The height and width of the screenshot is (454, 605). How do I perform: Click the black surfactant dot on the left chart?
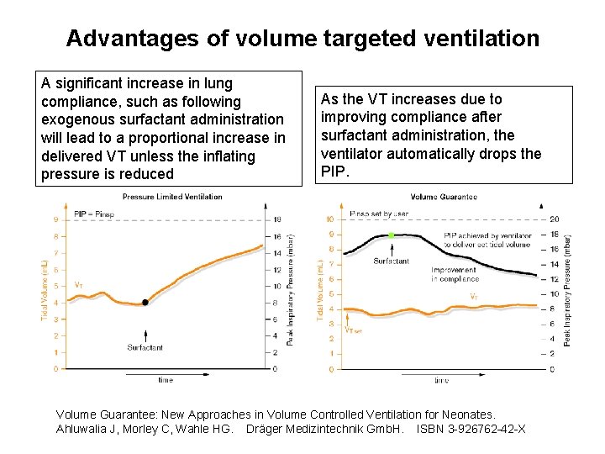pyautogui.click(x=145, y=302)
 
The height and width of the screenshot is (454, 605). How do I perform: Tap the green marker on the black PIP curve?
pyautogui.click(x=392, y=235)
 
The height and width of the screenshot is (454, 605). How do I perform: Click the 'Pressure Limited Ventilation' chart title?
pyautogui.click(x=172, y=197)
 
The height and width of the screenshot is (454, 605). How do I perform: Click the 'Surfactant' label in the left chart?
pyautogui.click(x=145, y=347)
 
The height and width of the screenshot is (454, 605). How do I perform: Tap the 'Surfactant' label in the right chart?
pyautogui.click(x=392, y=261)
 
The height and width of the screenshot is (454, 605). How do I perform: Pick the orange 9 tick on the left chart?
pyautogui.click(x=56, y=220)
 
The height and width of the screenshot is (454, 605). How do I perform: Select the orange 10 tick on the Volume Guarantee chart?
pyautogui.click(x=329, y=219)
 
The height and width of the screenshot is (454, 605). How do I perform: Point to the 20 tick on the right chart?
pyautogui.click(x=555, y=219)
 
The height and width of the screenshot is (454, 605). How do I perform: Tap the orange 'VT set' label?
pyautogui.click(x=354, y=330)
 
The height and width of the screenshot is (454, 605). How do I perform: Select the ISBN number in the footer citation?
pyautogui.click(x=478, y=429)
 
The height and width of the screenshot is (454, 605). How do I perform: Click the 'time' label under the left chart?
pyautogui.click(x=166, y=380)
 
